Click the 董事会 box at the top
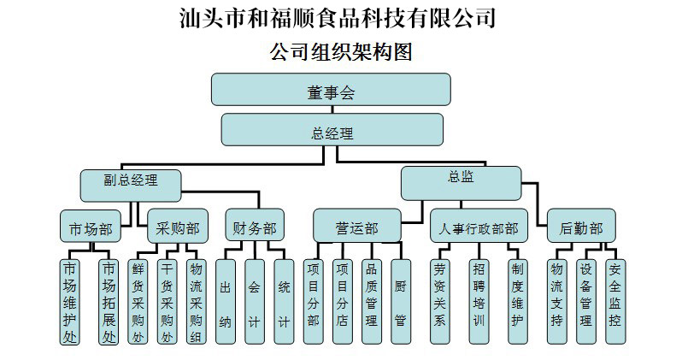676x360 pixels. pyautogui.click(x=330, y=91)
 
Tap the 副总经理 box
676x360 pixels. pyautogui.click(x=131, y=180)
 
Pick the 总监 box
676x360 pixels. pyautogui.click(x=461, y=179)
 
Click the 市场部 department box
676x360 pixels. pyautogui.click(x=91, y=227)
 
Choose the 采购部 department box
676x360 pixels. pyautogui.click(x=178, y=227)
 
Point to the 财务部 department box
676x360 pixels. pyautogui.click(x=255, y=227)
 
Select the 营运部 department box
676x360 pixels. pyautogui.click(x=356, y=227)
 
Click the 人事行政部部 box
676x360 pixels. pyautogui.click(x=478, y=227)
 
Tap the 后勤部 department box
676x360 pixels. pyautogui.click(x=581, y=227)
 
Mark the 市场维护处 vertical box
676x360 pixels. pyautogui.click(x=69, y=301)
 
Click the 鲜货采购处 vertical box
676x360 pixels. pyautogui.click(x=138, y=301)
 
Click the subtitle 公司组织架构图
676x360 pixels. pyautogui.click(x=341, y=52)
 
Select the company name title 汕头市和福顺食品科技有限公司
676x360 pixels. pyautogui.click(x=338, y=17)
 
